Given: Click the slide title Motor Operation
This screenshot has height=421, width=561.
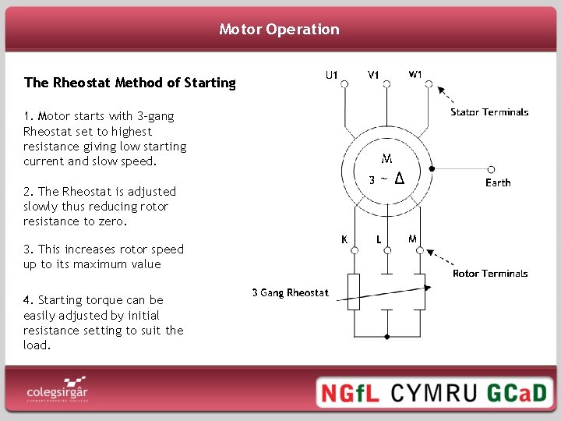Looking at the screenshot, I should click(x=280, y=30).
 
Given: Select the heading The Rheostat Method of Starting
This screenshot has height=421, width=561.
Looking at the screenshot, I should click(x=129, y=83).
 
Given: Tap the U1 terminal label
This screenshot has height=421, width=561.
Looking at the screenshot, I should click(x=331, y=76).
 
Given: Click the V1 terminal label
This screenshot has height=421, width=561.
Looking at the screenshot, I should click(x=374, y=76).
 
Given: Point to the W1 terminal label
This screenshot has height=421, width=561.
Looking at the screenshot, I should click(x=416, y=75).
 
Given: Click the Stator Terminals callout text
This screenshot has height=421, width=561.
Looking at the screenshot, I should click(x=489, y=112).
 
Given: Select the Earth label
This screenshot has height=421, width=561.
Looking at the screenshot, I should click(x=498, y=182).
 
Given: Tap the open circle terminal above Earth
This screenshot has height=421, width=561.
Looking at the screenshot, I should click(x=491, y=168).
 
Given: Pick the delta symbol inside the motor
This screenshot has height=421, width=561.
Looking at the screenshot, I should click(x=399, y=179).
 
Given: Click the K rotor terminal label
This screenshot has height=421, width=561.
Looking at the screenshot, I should click(x=344, y=239).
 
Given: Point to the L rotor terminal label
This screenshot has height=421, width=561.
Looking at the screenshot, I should click(x=379, y=239).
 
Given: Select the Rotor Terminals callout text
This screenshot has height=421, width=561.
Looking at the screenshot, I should click(x=490, y=274).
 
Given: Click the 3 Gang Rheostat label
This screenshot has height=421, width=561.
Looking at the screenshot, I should click(x=290, y=293).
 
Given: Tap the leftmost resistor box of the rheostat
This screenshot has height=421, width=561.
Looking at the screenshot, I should click(x=354, y=292).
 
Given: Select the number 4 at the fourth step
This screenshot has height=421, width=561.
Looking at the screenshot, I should click(x=27, y=300).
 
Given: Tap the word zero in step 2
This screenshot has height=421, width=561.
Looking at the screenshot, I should click(x=112, y=221).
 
